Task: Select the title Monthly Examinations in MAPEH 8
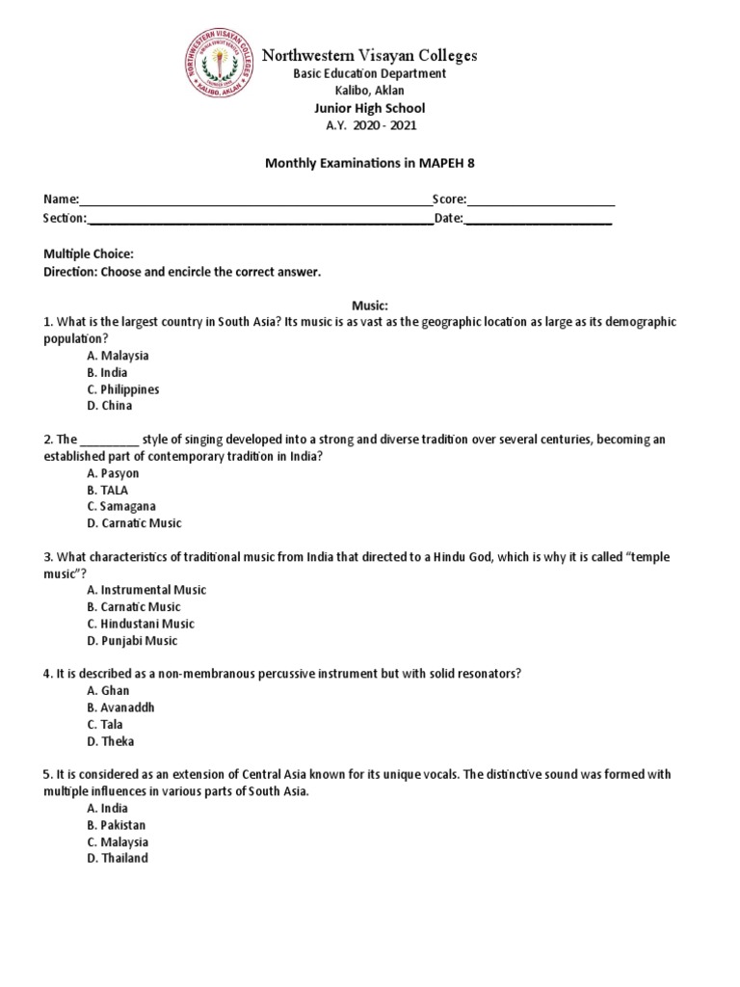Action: (370, 164)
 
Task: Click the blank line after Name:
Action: (255, 200)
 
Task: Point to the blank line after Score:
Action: (541, 200)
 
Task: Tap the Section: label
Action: (65, 219)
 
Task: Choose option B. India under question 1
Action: (107, 372)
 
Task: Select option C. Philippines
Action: (122, 389)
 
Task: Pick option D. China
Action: (108, 407)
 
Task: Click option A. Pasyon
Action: (113, 473)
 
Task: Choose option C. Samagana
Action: (121, 506)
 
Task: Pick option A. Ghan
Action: (108, 690)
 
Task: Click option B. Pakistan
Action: (117, 825)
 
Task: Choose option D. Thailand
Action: (118, 858)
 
